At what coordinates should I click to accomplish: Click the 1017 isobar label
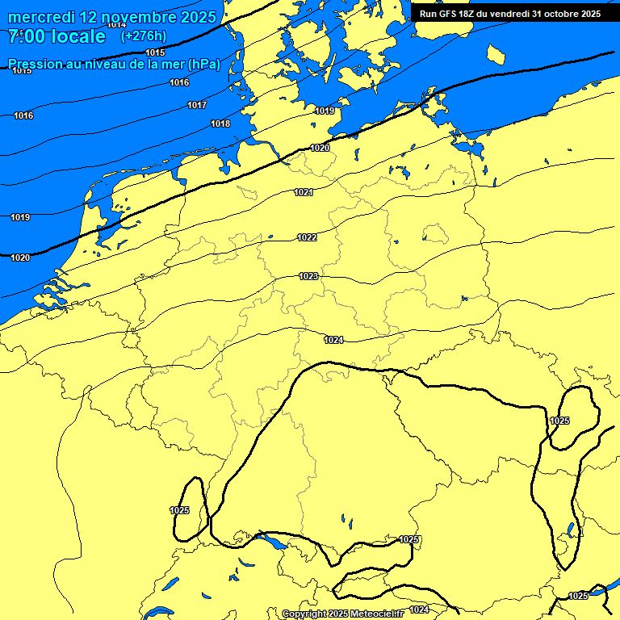pos(197,105)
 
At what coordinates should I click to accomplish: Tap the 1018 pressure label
pos(220,124)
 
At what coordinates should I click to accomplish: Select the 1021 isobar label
pos(304,192)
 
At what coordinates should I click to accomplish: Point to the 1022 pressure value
pos(307,237)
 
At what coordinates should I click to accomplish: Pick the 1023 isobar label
pos(308,276)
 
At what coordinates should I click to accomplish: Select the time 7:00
pos(27,36)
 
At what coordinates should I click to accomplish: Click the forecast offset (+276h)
pos(144,36)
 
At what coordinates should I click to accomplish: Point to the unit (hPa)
pos(203,64)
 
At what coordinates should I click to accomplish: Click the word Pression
pos(35,64)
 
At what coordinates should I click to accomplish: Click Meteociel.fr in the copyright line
pos(376,614)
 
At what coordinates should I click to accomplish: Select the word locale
pos(79,36)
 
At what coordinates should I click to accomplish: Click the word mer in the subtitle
pos(171,64)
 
